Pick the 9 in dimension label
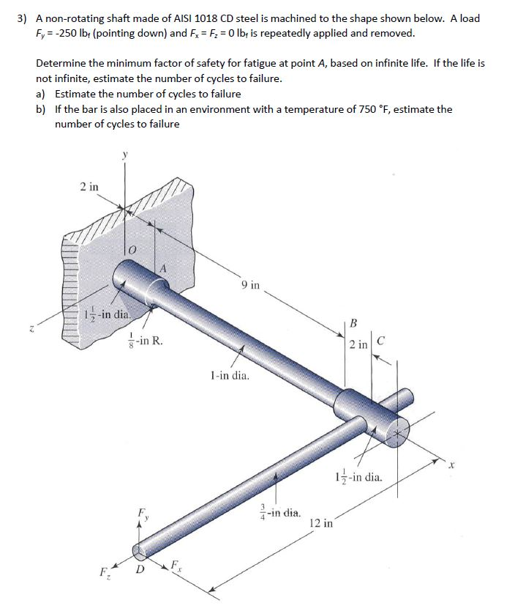pos(249,284)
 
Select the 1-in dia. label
pos(229,377)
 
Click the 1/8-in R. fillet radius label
pos(146,340)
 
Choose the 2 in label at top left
pos(89,186)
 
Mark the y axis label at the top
pos(124,155)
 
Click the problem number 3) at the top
pos(23,18)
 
